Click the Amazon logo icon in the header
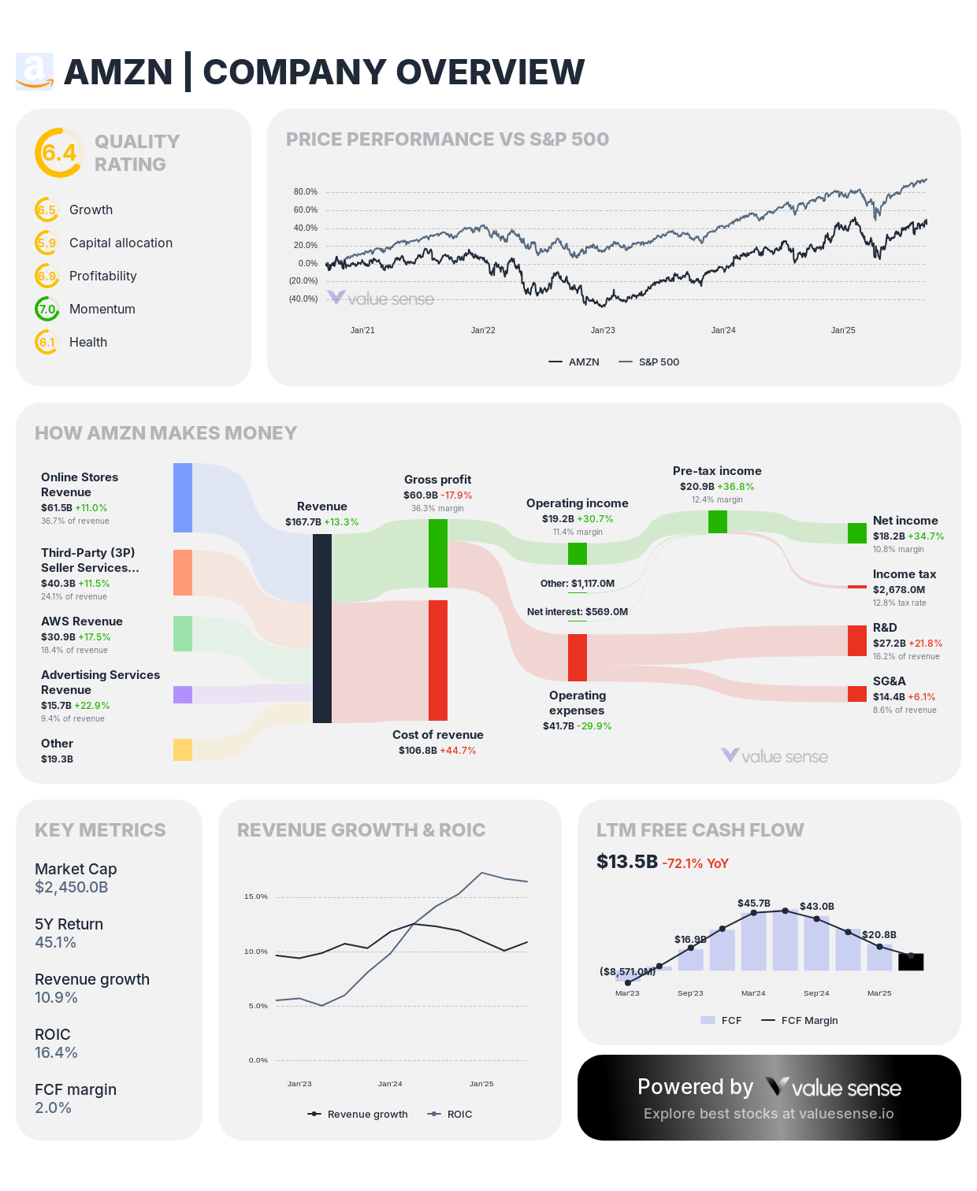(x=35, y=72)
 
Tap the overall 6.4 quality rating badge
(x=59, y=153)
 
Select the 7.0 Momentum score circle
(x=47, y=309)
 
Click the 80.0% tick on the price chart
(x=306, y=192)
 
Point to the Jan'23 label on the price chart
(x=603, y=331)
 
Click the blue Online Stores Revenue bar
(x=183, y=498)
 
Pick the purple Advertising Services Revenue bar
(x=183, y=694)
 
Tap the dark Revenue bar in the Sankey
(x=322, y=629)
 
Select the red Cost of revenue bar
(x=438, y=660)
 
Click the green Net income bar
(x=857, y=533)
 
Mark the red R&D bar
(x=857, y=640)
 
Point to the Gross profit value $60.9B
(x=421, y=495)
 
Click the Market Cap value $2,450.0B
(x=72, y=888)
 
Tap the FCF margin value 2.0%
(x=53, y=1108)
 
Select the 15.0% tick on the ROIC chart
(x=256, y=896)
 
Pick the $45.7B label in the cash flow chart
(x=754, y=903)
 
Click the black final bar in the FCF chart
(x=911, y=962)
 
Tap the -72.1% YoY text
(x=696, y=863)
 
